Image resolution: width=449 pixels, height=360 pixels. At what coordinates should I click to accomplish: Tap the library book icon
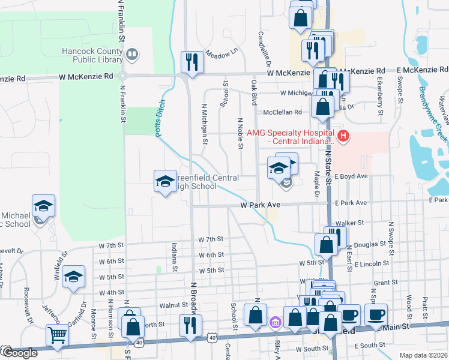(132, 56)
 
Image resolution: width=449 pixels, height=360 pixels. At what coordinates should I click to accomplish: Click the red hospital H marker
(343, 136)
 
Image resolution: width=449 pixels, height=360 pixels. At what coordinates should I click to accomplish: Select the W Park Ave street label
(261, 205)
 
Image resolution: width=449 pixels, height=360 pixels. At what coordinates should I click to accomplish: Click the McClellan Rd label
(282, 112)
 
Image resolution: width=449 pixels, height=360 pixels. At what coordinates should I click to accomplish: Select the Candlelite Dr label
(262, 48)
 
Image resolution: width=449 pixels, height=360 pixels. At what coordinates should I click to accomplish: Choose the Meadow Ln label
(218, 54)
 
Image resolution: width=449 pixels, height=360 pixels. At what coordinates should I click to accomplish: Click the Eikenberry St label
(380, 94)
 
